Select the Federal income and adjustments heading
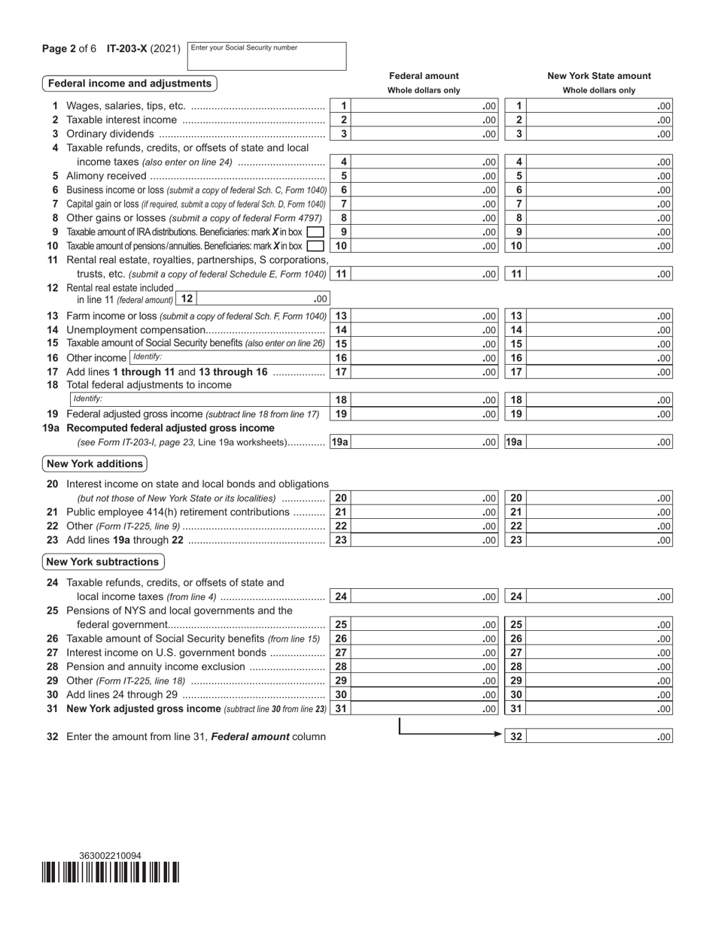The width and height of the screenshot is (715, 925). [129, 83]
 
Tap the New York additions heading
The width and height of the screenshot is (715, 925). [95, 464]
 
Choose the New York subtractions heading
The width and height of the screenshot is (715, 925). [102, 562]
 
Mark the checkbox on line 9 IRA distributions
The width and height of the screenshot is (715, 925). [316, 232]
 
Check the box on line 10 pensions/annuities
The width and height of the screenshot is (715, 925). [316, 246]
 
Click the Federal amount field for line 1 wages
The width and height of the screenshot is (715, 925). [424, 107]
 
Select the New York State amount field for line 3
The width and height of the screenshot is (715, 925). [601, 135]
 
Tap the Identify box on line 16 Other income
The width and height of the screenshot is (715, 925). [229, 357]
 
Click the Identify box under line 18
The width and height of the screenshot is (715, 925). [199, 399]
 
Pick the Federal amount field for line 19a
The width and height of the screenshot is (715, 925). [424, 442]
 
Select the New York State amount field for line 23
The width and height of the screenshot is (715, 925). [601, 540]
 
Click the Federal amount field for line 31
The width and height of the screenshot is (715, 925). [424, 708]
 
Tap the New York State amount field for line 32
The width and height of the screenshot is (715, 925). [601, 738]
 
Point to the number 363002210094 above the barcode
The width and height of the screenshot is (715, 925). [110, 856]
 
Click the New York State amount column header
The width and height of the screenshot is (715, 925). [599, 76]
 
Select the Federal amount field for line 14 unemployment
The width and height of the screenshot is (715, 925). [424, 330]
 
